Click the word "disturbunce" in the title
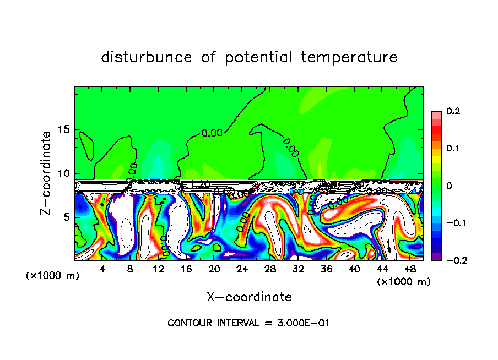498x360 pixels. (x=147, y=57)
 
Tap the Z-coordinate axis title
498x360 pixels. (x=47, y=173)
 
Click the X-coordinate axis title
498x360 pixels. (x=249, y=297)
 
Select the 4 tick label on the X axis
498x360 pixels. (x=102, y=269)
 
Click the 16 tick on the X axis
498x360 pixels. (x=186, y=269)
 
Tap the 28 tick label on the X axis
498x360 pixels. (x=270, y=269)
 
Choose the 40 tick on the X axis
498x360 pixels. (x=354, y=269)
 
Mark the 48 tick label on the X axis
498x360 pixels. (x=410, y=269)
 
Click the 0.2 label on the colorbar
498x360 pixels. (x=453, y=111)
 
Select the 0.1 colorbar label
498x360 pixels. (x=453, y=148)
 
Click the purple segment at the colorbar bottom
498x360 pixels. (x=436, y=257)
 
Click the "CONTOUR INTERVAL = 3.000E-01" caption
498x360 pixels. (x=248, y=323)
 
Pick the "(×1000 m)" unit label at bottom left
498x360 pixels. (x=53, y=276)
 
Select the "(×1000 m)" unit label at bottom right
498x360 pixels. (x=403, y=281)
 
